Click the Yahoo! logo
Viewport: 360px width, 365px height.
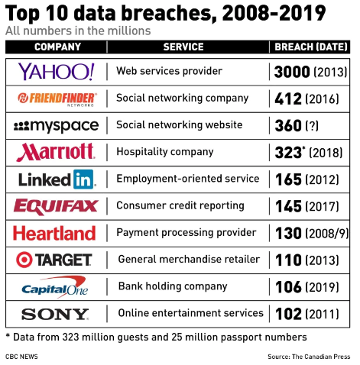point(56,72)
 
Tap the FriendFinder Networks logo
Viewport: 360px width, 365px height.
point(57,99)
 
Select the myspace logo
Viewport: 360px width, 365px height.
point(56,126)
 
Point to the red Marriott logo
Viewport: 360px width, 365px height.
point(56,152)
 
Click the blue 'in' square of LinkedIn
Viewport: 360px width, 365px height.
point(83,179)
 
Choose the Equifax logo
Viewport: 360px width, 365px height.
point(56,206)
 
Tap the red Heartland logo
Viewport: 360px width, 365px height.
point(54,233)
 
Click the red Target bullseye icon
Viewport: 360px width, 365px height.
point(24,260)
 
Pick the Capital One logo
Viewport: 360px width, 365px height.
point(55,287)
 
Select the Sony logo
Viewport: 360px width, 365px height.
point(55,314)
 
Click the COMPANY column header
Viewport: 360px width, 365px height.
point(57,47)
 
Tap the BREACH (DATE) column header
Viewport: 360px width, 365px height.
point(311,47)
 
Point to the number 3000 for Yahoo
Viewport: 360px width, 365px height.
point(292,72)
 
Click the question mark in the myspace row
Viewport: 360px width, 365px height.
point(312,126)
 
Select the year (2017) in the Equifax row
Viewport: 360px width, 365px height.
point(323,206)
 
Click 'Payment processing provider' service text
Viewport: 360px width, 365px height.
point(186,233)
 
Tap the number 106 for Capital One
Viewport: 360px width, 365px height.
point(288,287)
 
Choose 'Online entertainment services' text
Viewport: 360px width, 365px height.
point(190,313)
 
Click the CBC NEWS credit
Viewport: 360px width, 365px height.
point(21,357)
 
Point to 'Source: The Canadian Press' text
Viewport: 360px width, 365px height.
point(309,357)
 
